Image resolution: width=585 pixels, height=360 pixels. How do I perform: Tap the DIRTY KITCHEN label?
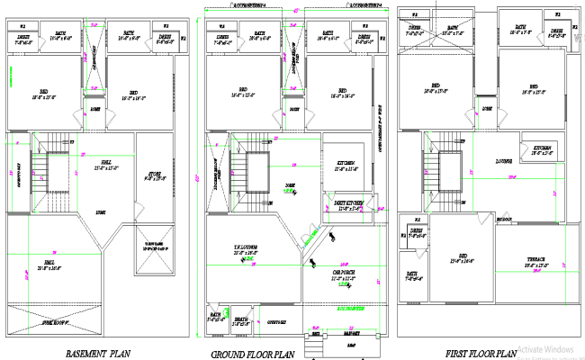click(x=346, y=204)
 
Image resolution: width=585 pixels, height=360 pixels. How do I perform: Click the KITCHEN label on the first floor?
click(x=542, y=149)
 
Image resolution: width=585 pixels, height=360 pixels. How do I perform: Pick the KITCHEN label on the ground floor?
click(x=345, y=165)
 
